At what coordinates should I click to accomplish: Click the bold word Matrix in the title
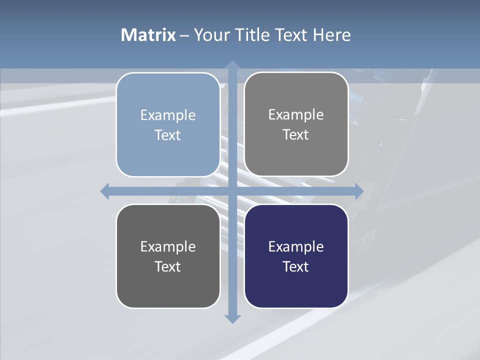pyautogui.click(x=148, y=35)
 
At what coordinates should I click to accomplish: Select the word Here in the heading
pyautogui.click(x=332, y=35)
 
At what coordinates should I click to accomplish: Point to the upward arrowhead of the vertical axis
pyautogui.click(x=232, y=65)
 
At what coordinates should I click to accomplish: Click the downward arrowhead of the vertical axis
pyautogui.click(x=232, y=318)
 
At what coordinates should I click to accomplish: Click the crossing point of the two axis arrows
pyautogui.click(x=232, y=191)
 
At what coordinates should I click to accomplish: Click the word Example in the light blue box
pyautogui.click(x=168, y=115)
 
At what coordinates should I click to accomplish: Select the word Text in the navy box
pyautogui.click(x=296, y=266)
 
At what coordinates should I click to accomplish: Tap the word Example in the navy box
pyautogui.click(x=296, y=247)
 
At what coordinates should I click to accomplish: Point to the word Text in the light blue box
pyautogui.click(x=168, y=135)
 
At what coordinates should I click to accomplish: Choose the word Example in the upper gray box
pyautogui.click(x=296, y=115)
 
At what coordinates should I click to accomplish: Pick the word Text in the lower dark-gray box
pyautogui.click(x=168, y=266)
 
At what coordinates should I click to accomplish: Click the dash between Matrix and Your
pyautogui.click(x=184, y=35)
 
